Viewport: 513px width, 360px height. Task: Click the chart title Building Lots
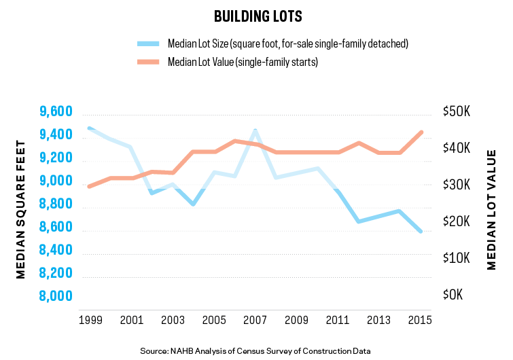pos(257,16)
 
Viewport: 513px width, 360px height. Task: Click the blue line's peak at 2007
pos(255,130)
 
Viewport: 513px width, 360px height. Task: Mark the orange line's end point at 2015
pos(421,132)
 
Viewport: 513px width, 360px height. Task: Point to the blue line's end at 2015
pos(421,232)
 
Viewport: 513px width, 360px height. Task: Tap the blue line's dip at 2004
pos(193,204)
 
